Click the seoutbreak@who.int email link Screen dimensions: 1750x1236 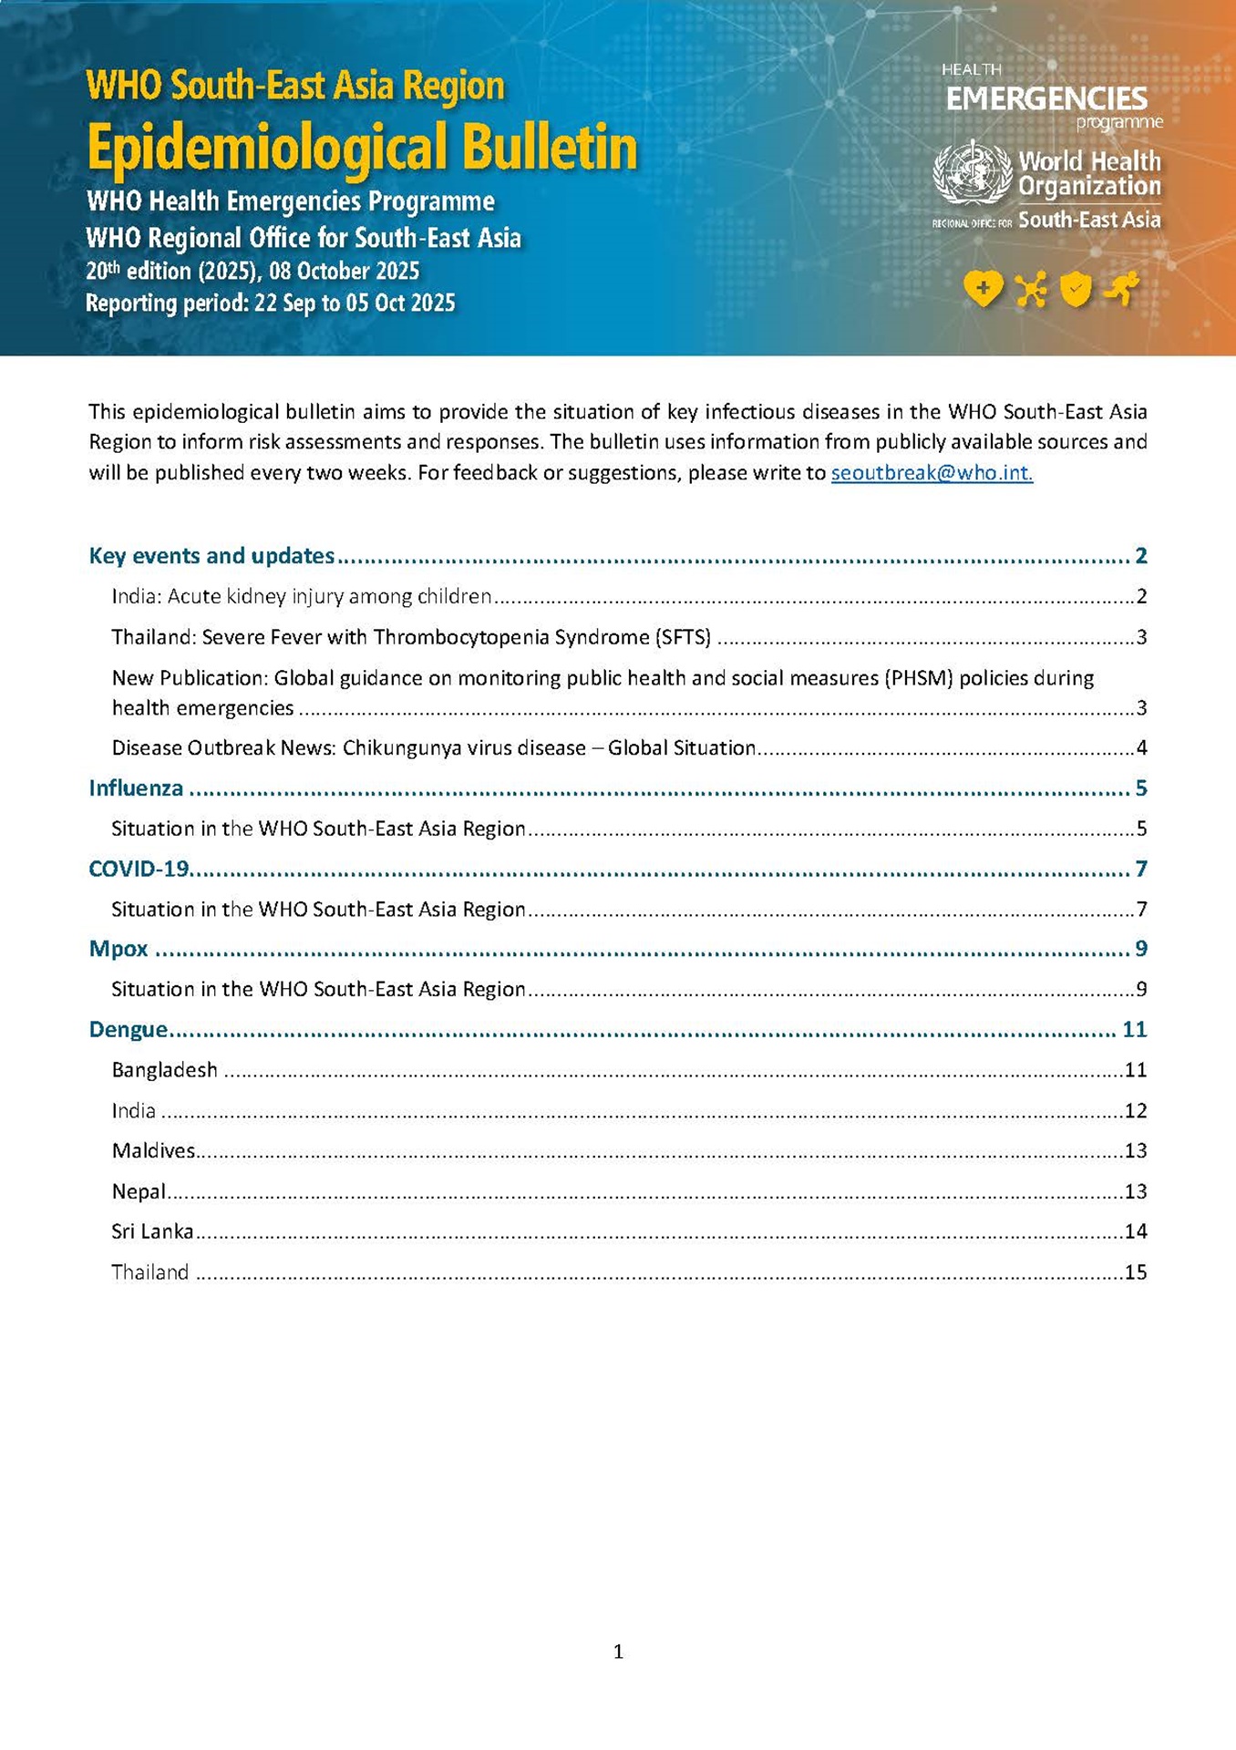pos(932,473)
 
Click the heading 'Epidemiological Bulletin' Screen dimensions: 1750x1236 pos(362,148)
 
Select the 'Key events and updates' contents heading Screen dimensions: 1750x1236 pos(211,556)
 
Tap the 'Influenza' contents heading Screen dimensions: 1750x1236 pos(136,788)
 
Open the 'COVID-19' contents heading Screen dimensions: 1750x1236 pos(139,869)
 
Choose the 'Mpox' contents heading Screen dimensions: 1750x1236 pos(118,949)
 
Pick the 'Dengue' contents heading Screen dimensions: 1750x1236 pos(129,1030)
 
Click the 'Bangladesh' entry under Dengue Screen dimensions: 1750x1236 pos(164,1070)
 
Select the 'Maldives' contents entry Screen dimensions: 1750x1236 pos(153,1151)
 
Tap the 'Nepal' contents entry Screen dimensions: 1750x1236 pos(139,1191)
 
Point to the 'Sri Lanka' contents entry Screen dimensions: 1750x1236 pos(152,1231)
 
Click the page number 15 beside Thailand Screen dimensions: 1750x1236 pos(1136,1272)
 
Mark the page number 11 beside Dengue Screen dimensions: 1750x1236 pos(1134,1030)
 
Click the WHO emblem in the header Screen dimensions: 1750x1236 pos(973,173)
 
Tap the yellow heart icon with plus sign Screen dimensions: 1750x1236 pos(983,289)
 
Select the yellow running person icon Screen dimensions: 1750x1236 pos(1122,288)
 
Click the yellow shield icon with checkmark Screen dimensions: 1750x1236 pos(1076,289)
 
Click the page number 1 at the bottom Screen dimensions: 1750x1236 pos(618,1652)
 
